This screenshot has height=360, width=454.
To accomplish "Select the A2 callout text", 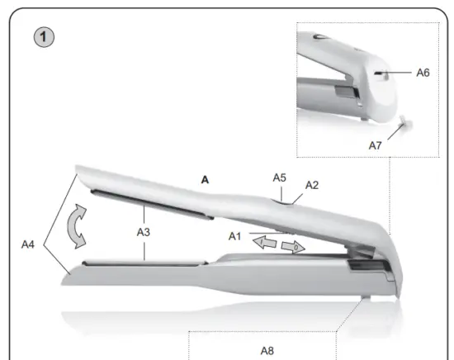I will (x=312, y=185).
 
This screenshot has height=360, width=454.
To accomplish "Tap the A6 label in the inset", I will (x=422, y=73).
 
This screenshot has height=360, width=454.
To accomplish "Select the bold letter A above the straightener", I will (x=206, y=178).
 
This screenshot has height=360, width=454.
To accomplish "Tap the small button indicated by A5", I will (x=281, y=197).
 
